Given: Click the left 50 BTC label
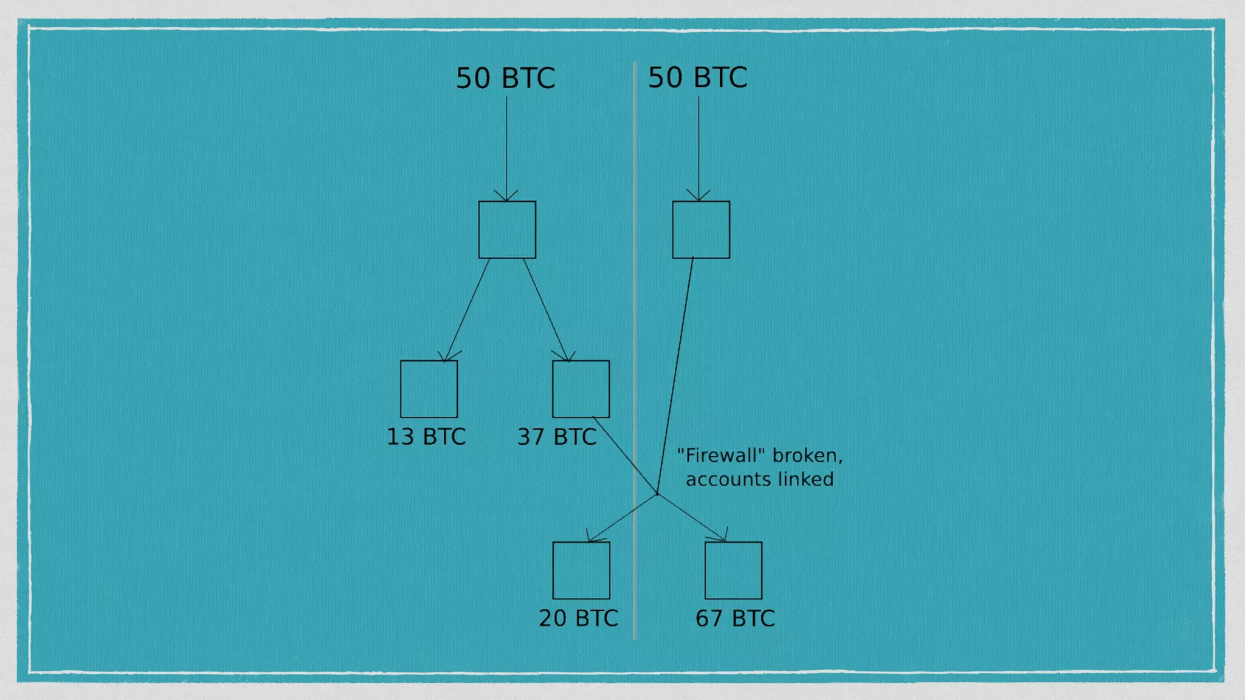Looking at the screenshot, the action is (x=505, y=78).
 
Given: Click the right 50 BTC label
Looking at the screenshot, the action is (x=697, y=78).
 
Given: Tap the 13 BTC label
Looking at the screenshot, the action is (x=426, y=437).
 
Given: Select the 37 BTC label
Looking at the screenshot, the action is (x=557, y=437).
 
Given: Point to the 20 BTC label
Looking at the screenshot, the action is (x=578, y=618).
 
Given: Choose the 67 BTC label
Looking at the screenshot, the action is (x=735, y=619).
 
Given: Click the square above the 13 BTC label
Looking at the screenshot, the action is (x=429, y=389).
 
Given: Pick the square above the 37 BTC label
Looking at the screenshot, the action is (x=581, y=389).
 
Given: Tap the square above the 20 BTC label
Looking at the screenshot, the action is (x=581, y=570).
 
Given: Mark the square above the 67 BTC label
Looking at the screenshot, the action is (x=733, y=570).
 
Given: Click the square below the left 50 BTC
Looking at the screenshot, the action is (x=507, y=230).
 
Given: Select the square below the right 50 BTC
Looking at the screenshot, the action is (x=701, y=230).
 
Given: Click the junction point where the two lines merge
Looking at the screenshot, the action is (x=657, y=493).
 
